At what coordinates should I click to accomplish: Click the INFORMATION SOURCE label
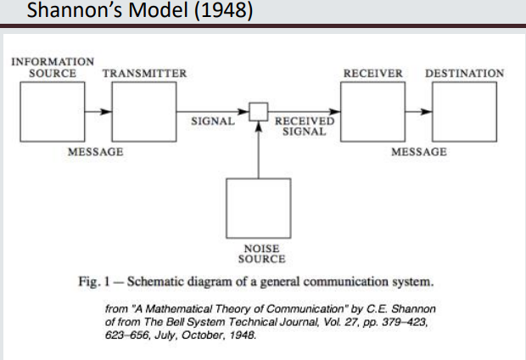tap(53, 67)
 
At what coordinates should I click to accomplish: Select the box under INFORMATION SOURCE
tap(53, 112)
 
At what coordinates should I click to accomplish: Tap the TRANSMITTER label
tap(144, 73)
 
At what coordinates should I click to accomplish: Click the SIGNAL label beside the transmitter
tap(213, 121)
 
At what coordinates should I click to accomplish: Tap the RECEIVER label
tap(372, 73)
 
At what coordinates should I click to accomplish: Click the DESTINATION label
tap(464, 73)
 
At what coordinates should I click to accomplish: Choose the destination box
tap(463, 112)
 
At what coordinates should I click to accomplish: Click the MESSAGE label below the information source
tap(95, 152)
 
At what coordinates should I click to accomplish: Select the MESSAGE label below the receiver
tap(419, 152)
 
